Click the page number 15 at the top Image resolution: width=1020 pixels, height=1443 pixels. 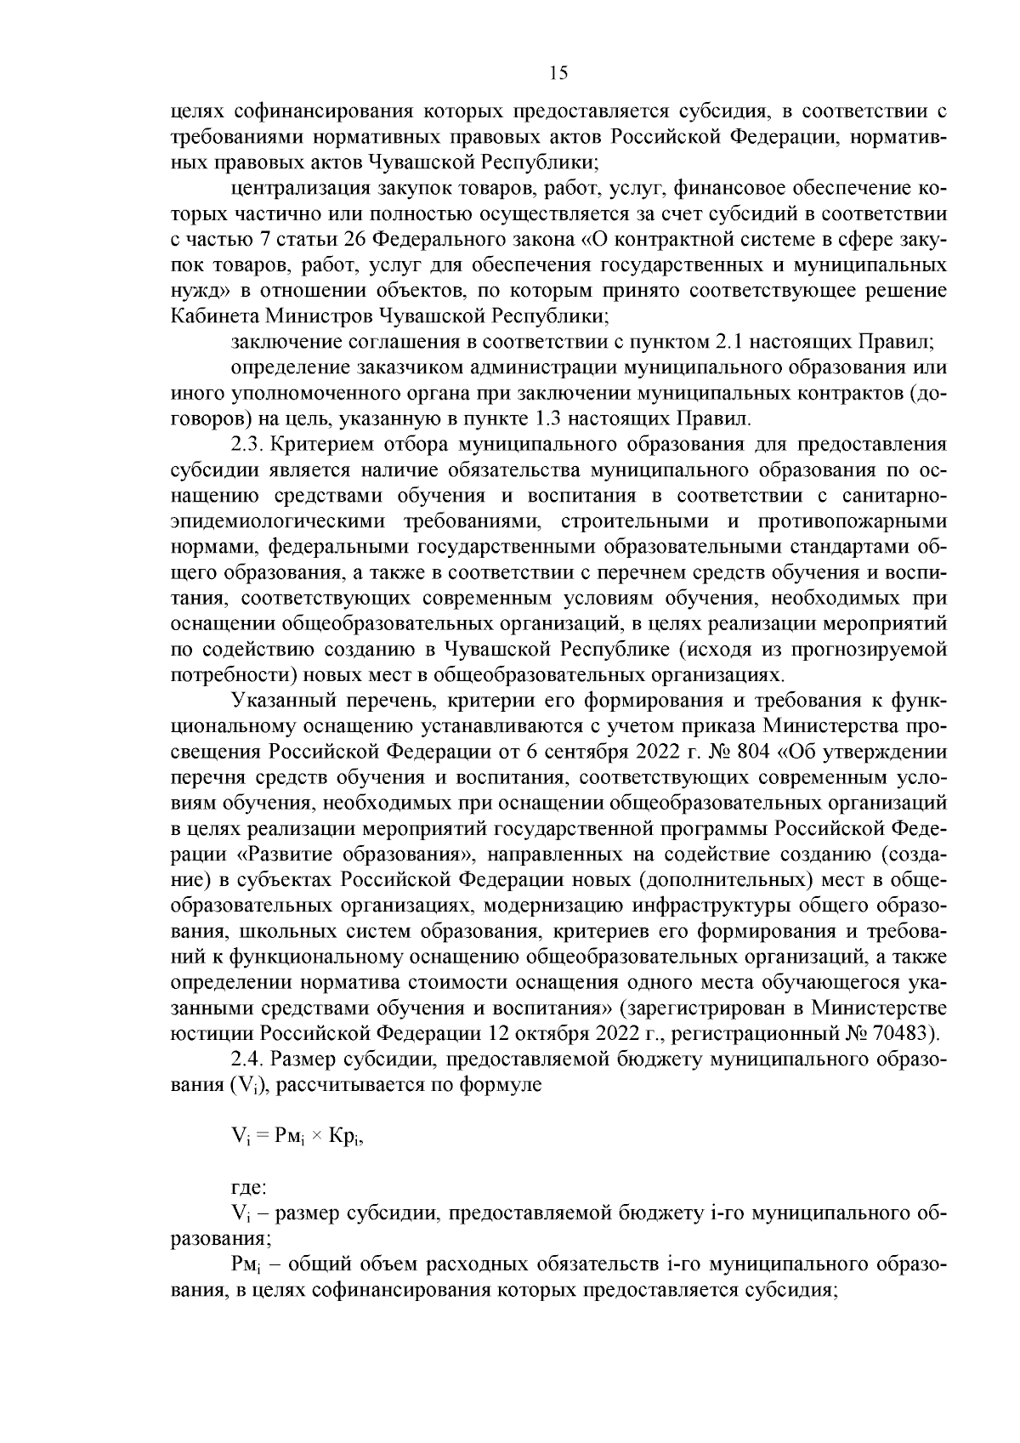tap(558, 73)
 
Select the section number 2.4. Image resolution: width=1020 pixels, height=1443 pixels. tap(247, 1060)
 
